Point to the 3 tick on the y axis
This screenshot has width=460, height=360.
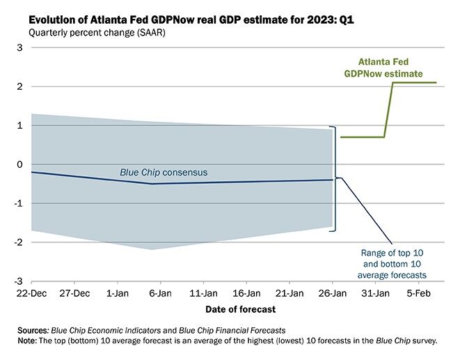coord(20,47)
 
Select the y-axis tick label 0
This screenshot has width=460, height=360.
coord(20,164)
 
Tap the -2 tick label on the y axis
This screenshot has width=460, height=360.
coord(18,242)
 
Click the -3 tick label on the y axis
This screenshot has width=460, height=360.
coord(18,281)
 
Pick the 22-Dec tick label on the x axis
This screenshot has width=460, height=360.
coord(31,293)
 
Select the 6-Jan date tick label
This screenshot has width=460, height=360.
coord(161,293)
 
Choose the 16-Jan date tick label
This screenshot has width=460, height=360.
coord(247,293)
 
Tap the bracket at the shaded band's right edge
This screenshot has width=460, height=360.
coord(335,178)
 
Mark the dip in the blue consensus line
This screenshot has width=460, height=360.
coord(152,184)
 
